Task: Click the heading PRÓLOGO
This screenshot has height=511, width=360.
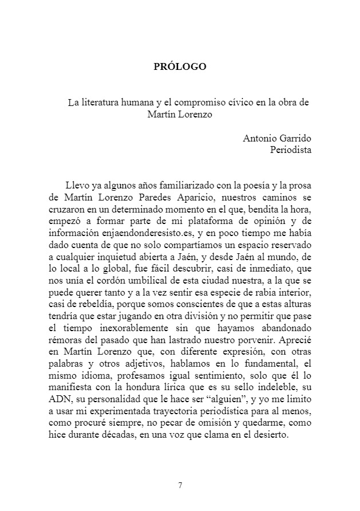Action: point(180,66)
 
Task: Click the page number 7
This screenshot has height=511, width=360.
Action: point(180,485)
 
